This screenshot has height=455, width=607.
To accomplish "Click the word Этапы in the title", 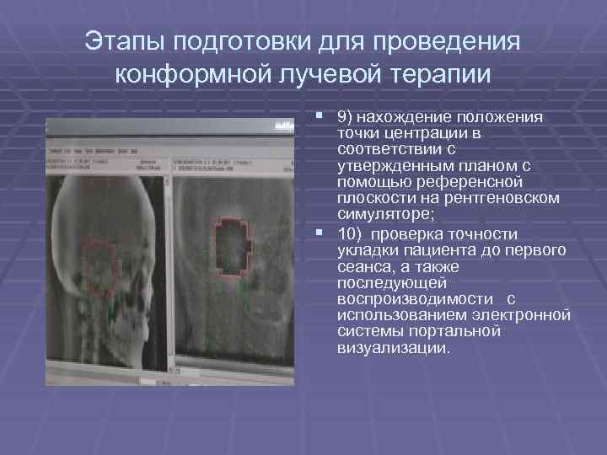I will click(x=128, y=41).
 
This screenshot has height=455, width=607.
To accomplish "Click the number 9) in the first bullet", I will click(x=344, y=117).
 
